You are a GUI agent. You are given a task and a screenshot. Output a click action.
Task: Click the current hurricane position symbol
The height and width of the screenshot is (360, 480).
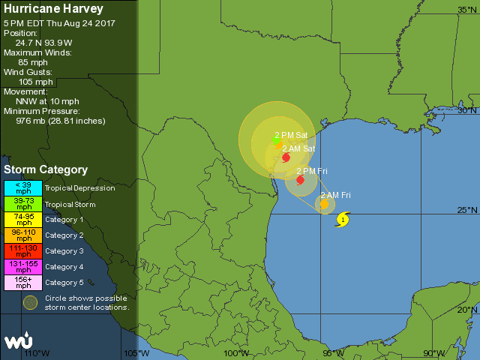coord(343,220)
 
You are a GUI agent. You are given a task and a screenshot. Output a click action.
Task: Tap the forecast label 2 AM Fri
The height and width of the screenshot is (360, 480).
coord(336,195)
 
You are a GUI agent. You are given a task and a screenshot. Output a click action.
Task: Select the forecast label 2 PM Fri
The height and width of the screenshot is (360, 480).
coord(312,171)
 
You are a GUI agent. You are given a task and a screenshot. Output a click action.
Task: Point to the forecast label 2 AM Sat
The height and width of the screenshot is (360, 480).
coord(298,148)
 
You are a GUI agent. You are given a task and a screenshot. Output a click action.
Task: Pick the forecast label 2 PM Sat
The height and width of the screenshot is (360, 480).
coord(291,135)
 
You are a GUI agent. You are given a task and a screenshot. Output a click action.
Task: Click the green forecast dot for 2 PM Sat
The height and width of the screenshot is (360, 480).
coord(276,140)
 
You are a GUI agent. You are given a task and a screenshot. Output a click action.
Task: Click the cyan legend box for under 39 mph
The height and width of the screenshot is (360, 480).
coord(23,187)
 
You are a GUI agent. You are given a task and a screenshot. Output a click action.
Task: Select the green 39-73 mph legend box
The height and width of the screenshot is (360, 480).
coord(23,204)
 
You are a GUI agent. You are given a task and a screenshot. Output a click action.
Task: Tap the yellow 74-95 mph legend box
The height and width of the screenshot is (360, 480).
coord(23,220)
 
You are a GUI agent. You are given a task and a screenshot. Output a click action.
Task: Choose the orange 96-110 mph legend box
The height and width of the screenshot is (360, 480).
coord(23,235)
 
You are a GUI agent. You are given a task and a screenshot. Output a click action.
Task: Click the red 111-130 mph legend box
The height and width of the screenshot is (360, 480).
coord(23,251)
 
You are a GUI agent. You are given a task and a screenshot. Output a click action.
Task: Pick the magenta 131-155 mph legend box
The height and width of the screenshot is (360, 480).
coord(23,267)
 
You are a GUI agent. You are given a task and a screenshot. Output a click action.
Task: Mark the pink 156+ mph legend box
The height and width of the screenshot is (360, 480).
coord(23,283)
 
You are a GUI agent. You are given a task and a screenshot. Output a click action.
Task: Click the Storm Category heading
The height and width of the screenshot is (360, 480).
coord(46,170)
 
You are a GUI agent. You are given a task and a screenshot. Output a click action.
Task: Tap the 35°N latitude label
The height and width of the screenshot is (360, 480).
coord(468,9)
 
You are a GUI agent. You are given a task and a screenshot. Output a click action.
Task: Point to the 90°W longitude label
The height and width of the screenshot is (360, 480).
coord(433,353)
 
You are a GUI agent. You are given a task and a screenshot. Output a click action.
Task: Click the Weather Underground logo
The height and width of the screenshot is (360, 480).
coord(19,341)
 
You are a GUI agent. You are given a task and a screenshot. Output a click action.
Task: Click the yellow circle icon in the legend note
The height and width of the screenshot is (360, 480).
coord(30,302)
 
